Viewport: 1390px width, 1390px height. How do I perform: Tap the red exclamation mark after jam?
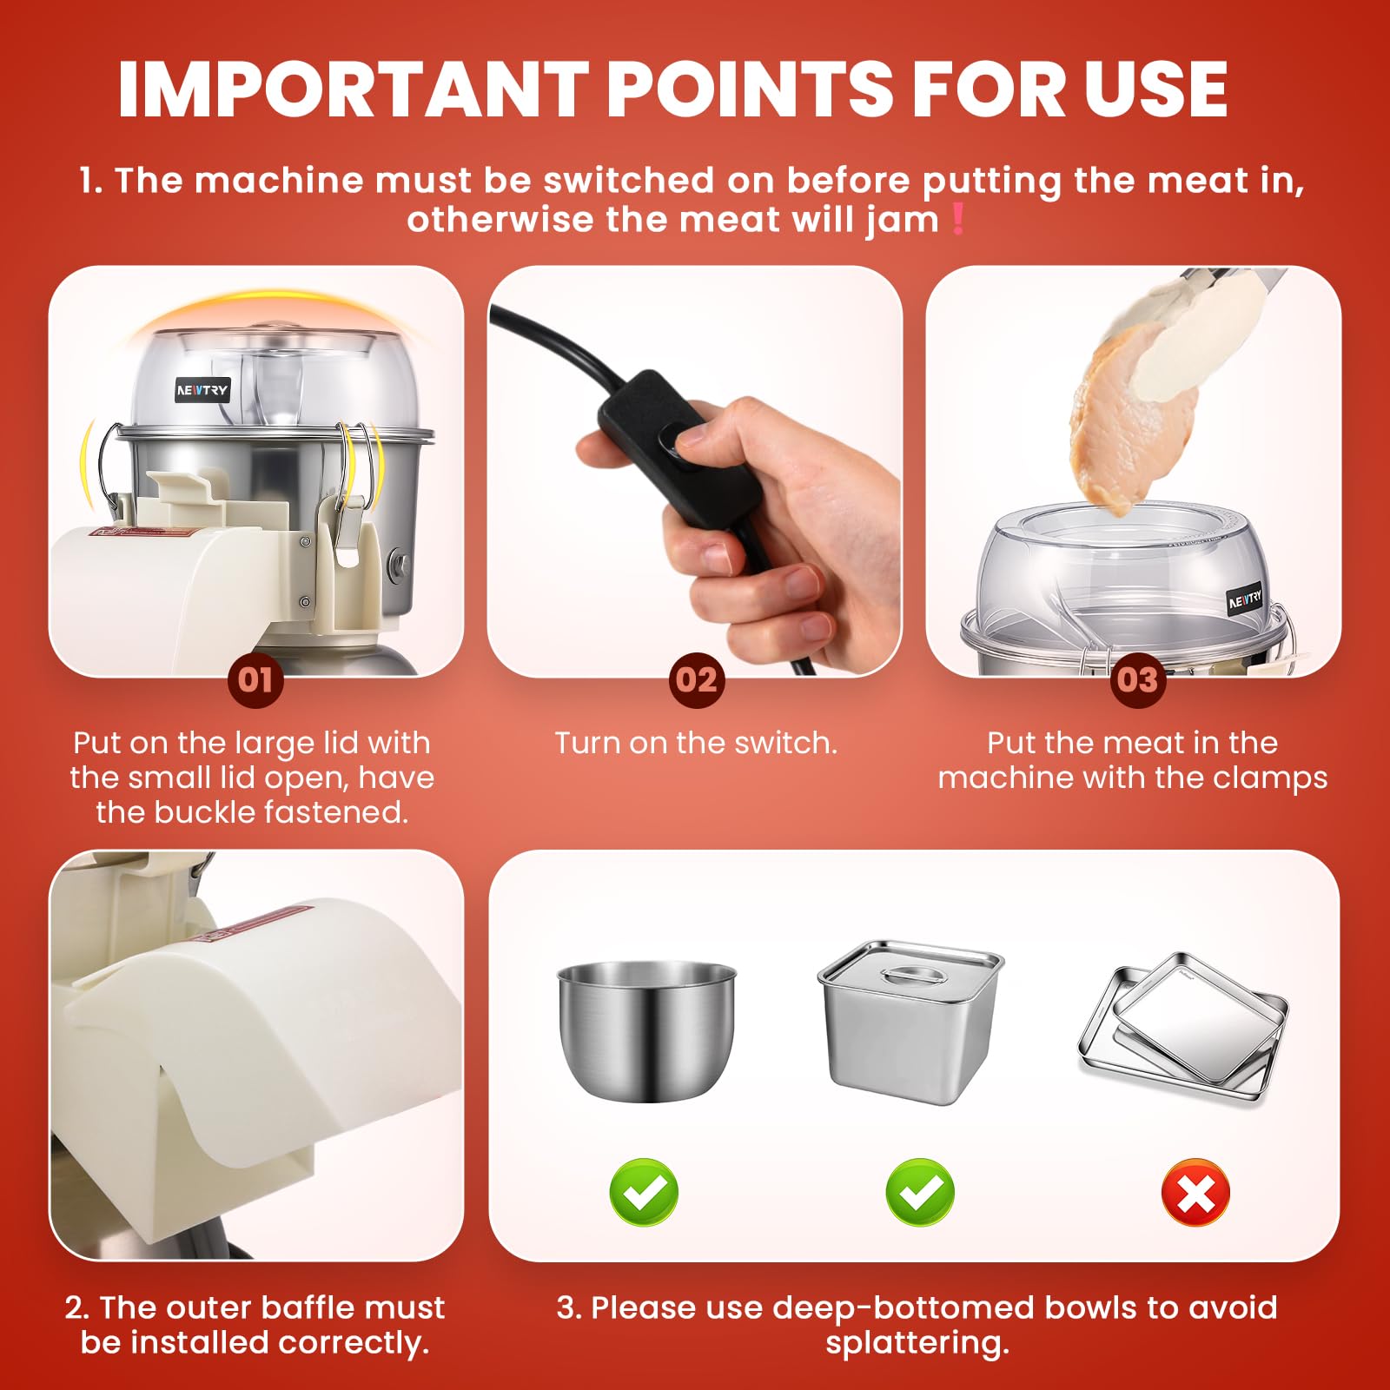958,219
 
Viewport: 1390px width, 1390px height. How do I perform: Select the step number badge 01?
255,679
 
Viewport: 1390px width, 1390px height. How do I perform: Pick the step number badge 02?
697,679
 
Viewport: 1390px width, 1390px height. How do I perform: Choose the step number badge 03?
1137,679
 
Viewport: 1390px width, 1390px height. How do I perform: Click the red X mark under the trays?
1195,1192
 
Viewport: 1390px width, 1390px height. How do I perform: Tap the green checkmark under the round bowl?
644,1192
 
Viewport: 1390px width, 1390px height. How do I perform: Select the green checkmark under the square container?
920,1192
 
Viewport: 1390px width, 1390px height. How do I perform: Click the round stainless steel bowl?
645,1030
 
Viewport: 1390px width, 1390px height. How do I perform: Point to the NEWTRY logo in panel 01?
202,390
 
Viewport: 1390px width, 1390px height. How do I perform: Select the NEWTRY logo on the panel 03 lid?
1245,599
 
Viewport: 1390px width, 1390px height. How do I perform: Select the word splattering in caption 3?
917,1344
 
